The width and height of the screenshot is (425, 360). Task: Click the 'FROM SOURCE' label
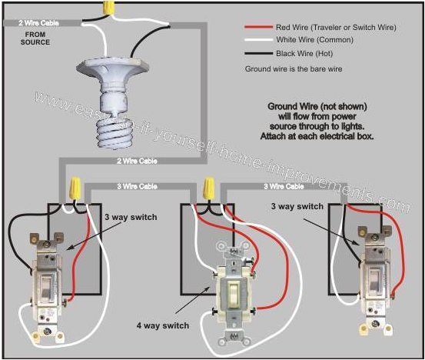[35, 38]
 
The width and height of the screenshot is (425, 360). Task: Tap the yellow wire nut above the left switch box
[76, 187]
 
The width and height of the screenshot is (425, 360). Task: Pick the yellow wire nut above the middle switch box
[208, 187]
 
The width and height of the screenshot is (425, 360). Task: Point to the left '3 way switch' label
[131, 218]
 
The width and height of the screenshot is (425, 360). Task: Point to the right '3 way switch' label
[297, 207]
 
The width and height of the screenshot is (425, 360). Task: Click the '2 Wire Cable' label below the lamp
[135, 162]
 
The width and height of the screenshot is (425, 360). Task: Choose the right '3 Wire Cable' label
[283, 186]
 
